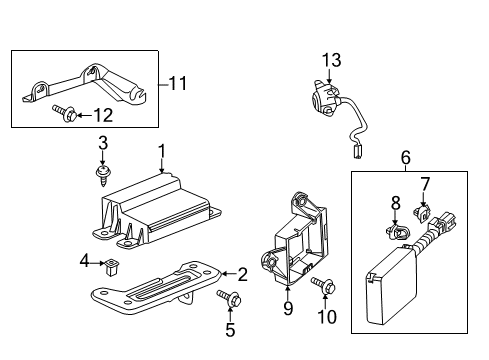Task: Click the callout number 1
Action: pyautogui.click(x=159, y=151)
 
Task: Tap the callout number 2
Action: pyautogui.click(x=241, y=272)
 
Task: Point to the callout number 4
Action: pyautogui.click(x=84, y=263)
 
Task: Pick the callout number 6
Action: pyautogui.click(x=405, y=157)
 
